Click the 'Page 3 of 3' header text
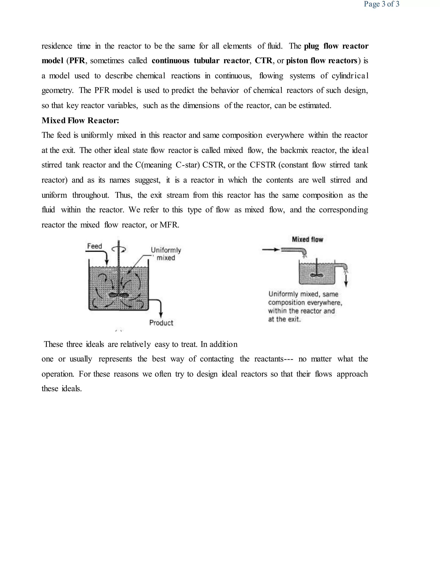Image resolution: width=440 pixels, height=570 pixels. tap(381, 4)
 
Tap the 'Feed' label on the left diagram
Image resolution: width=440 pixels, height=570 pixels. tap(94, 246)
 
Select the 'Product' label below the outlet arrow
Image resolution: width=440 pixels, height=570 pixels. tap(161, 323)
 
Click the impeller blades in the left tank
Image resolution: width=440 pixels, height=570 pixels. tap(119, 295)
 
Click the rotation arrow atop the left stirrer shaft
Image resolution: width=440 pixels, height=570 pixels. tap(119, 250)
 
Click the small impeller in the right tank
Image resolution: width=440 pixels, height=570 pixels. tap(317, 275)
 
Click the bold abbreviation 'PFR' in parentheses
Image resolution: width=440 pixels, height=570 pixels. tap(77, 61)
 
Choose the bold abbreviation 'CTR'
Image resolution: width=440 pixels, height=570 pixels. tap(263, 61)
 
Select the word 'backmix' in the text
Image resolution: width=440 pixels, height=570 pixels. tap(294, 150)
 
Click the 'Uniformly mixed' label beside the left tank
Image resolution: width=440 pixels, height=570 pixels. tap(166, 254)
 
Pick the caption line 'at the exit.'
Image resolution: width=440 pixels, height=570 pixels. tap(284, 319)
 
